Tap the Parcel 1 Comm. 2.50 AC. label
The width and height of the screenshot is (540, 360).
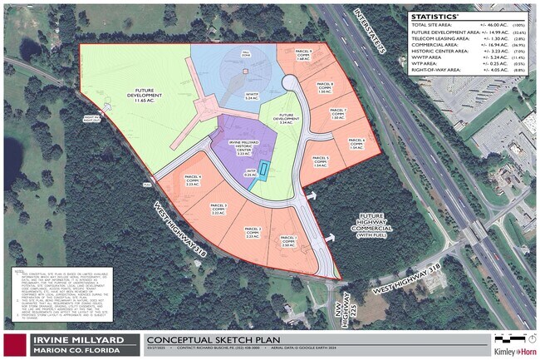289,243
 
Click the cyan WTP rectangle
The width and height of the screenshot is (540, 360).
263,169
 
